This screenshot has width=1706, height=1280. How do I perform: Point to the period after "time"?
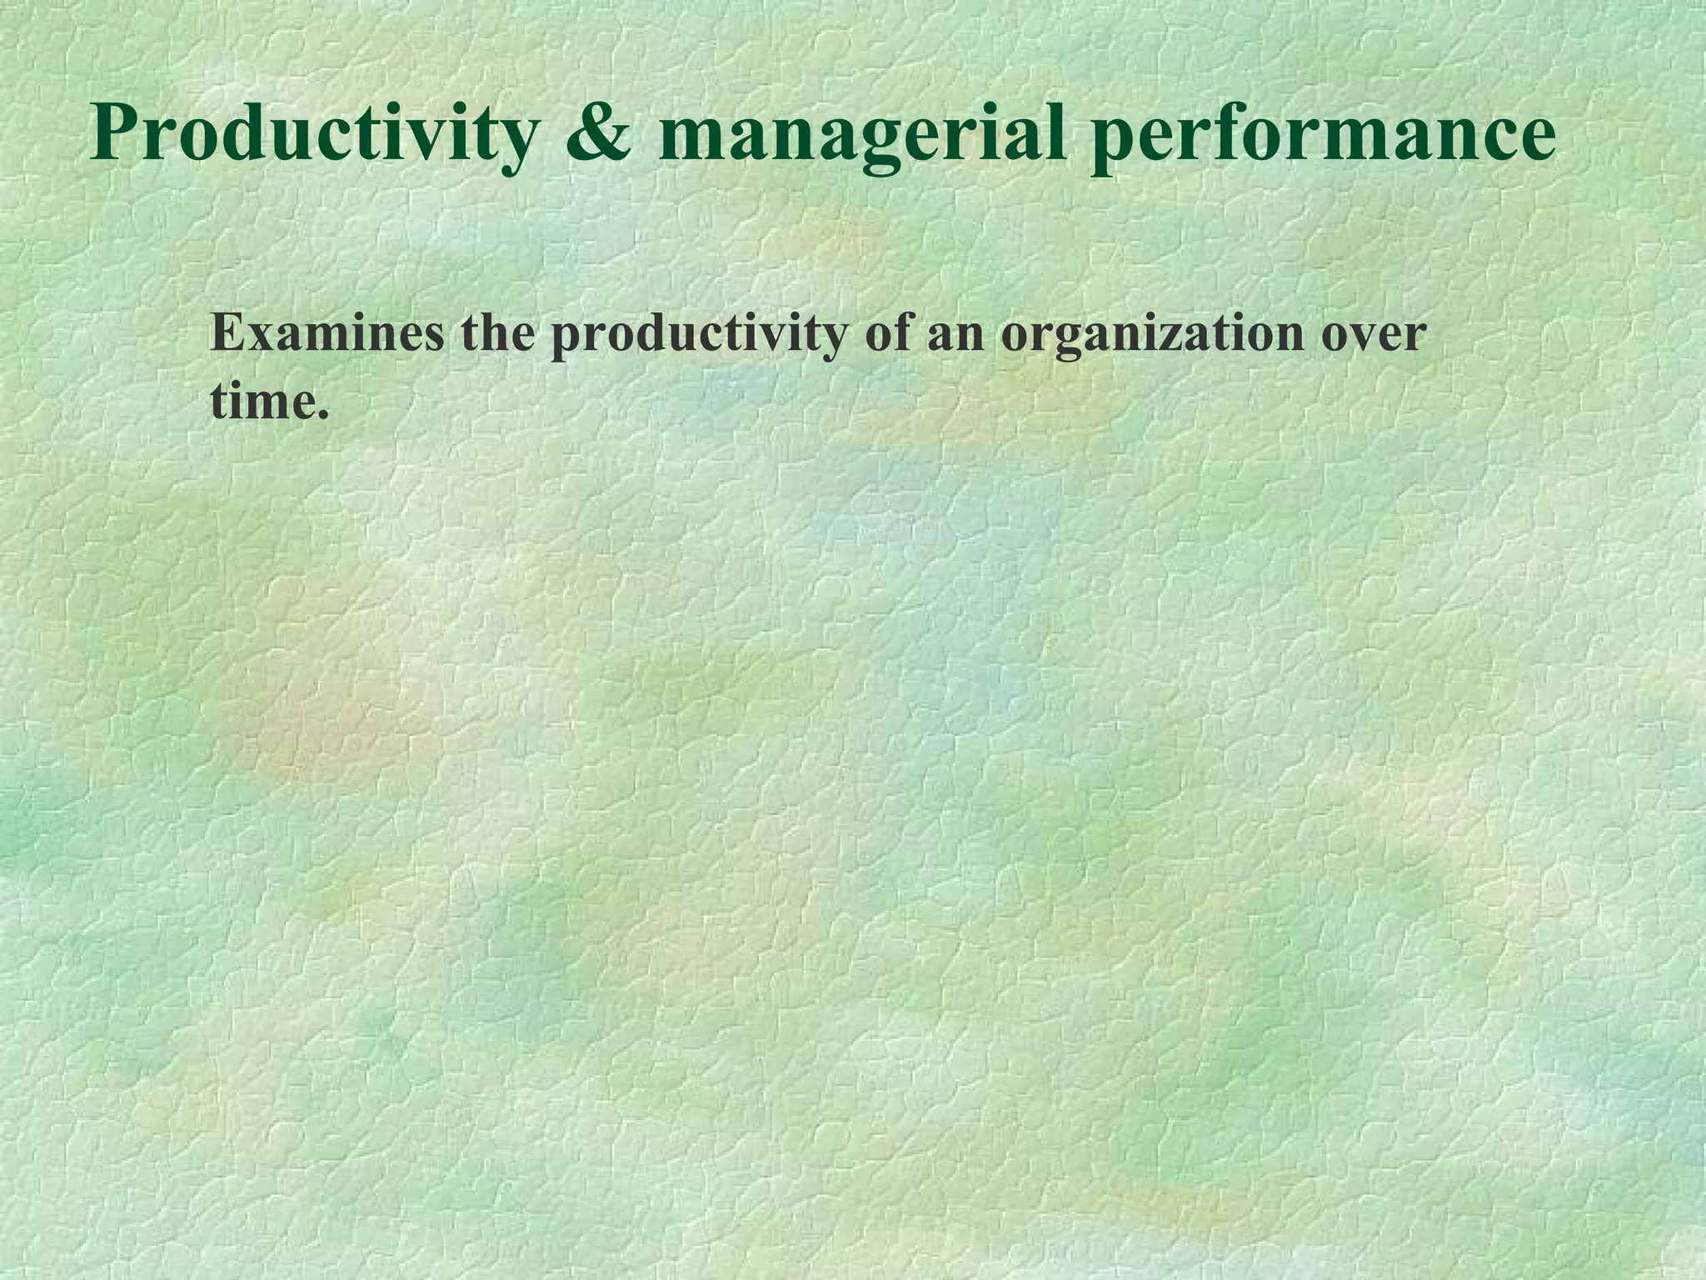[323, 414]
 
